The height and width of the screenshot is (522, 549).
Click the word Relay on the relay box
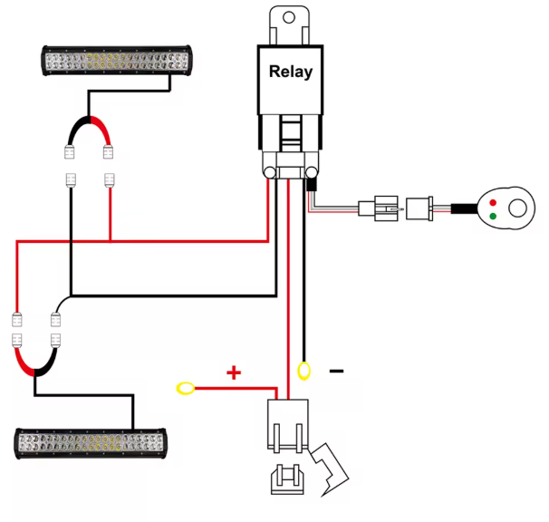point(290,72)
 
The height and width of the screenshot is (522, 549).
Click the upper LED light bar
point(117,61)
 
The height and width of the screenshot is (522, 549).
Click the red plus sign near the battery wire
point(234,372)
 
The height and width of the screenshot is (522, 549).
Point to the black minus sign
point(336,371)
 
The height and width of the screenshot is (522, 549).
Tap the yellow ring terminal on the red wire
point(186,389)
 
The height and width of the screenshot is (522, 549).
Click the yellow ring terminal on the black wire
point(304,370)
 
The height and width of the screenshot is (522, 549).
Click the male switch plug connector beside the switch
point(420,209)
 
